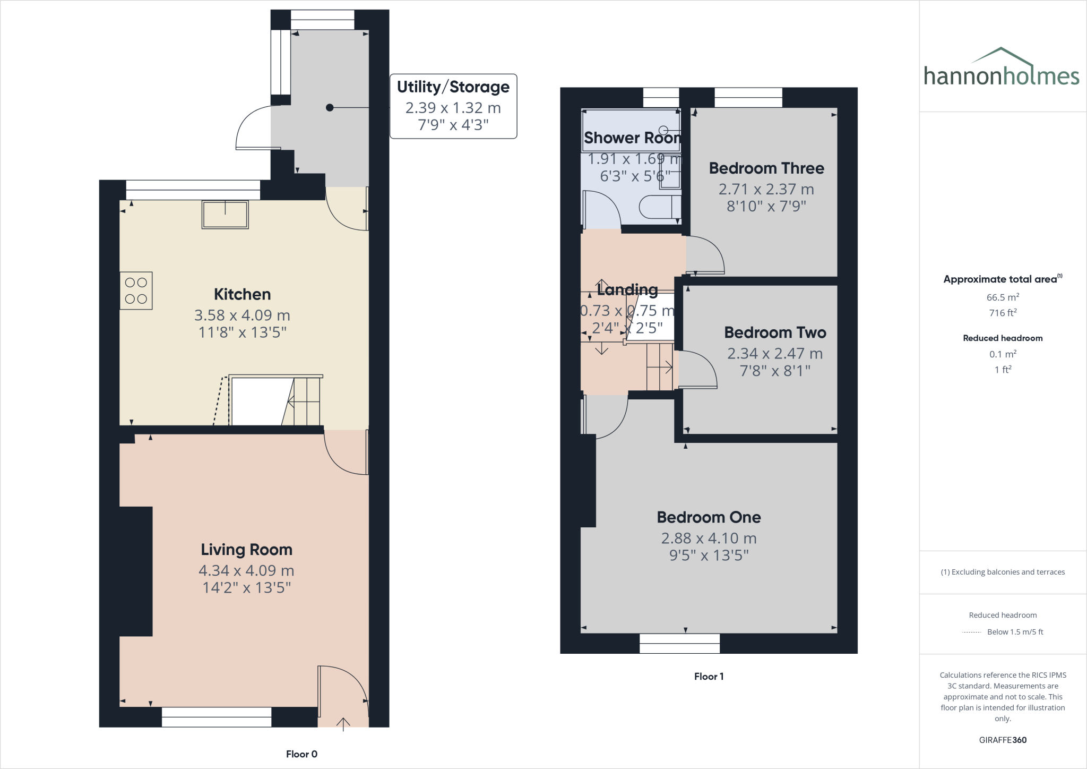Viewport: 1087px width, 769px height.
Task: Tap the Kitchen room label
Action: pyautogui.click(x=242, y=294)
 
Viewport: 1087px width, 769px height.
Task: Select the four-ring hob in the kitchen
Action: pyautogui.click(x=136, y=291)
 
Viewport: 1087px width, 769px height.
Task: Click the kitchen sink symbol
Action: pyautogui.click(x=225, y=215)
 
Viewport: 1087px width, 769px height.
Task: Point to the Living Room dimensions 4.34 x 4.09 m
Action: pyautogui.click(x=246, y=570)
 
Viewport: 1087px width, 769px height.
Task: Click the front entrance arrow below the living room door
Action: pyautogui.click(x=343, y=724)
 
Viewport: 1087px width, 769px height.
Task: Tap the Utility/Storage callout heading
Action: pyautogui.click(x=453, y=87)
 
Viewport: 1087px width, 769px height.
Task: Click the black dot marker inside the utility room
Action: pyautogui.click(x=330, y=108)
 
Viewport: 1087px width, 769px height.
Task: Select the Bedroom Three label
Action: pyautogui.click(x=766, y=168)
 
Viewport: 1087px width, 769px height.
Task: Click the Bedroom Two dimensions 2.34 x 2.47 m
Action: pyautogui.click(x=774, y=353)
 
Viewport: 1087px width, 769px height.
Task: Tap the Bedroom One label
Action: pyautogui.click(x=709, y=517)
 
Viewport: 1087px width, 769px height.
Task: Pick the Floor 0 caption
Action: pyautogui.click(x=301, y=754)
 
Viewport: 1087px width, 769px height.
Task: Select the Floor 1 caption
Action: pyautogui.click(x=709, y=677)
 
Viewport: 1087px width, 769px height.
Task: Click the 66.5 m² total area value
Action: pyautogui.click(x=1003, y=297)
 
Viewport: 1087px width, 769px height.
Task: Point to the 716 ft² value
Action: pyautogui.click(x=1003, y=313)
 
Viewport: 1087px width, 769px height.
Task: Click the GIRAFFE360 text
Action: pyautogui.click(x=1003, y=740)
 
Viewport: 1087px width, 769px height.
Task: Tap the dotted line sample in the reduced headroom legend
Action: pyautogui.click(x=971, y=633)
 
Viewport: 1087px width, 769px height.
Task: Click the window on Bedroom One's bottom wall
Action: pyautogui.click(x=679, y=643)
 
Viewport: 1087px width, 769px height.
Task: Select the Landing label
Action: pyautogui.click(x=627, y=290)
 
